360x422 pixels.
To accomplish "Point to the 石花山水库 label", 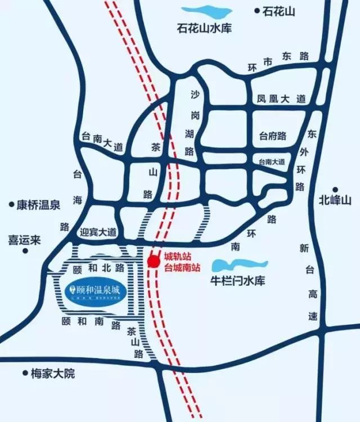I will pos(204,28).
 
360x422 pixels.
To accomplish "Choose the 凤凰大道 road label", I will pos(281,99).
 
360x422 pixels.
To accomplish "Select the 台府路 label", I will pos(273,136).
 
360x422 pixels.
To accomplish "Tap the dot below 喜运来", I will pos(25,250).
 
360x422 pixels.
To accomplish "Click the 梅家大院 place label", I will pos(53,374).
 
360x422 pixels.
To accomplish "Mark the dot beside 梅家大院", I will pos(25,372).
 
